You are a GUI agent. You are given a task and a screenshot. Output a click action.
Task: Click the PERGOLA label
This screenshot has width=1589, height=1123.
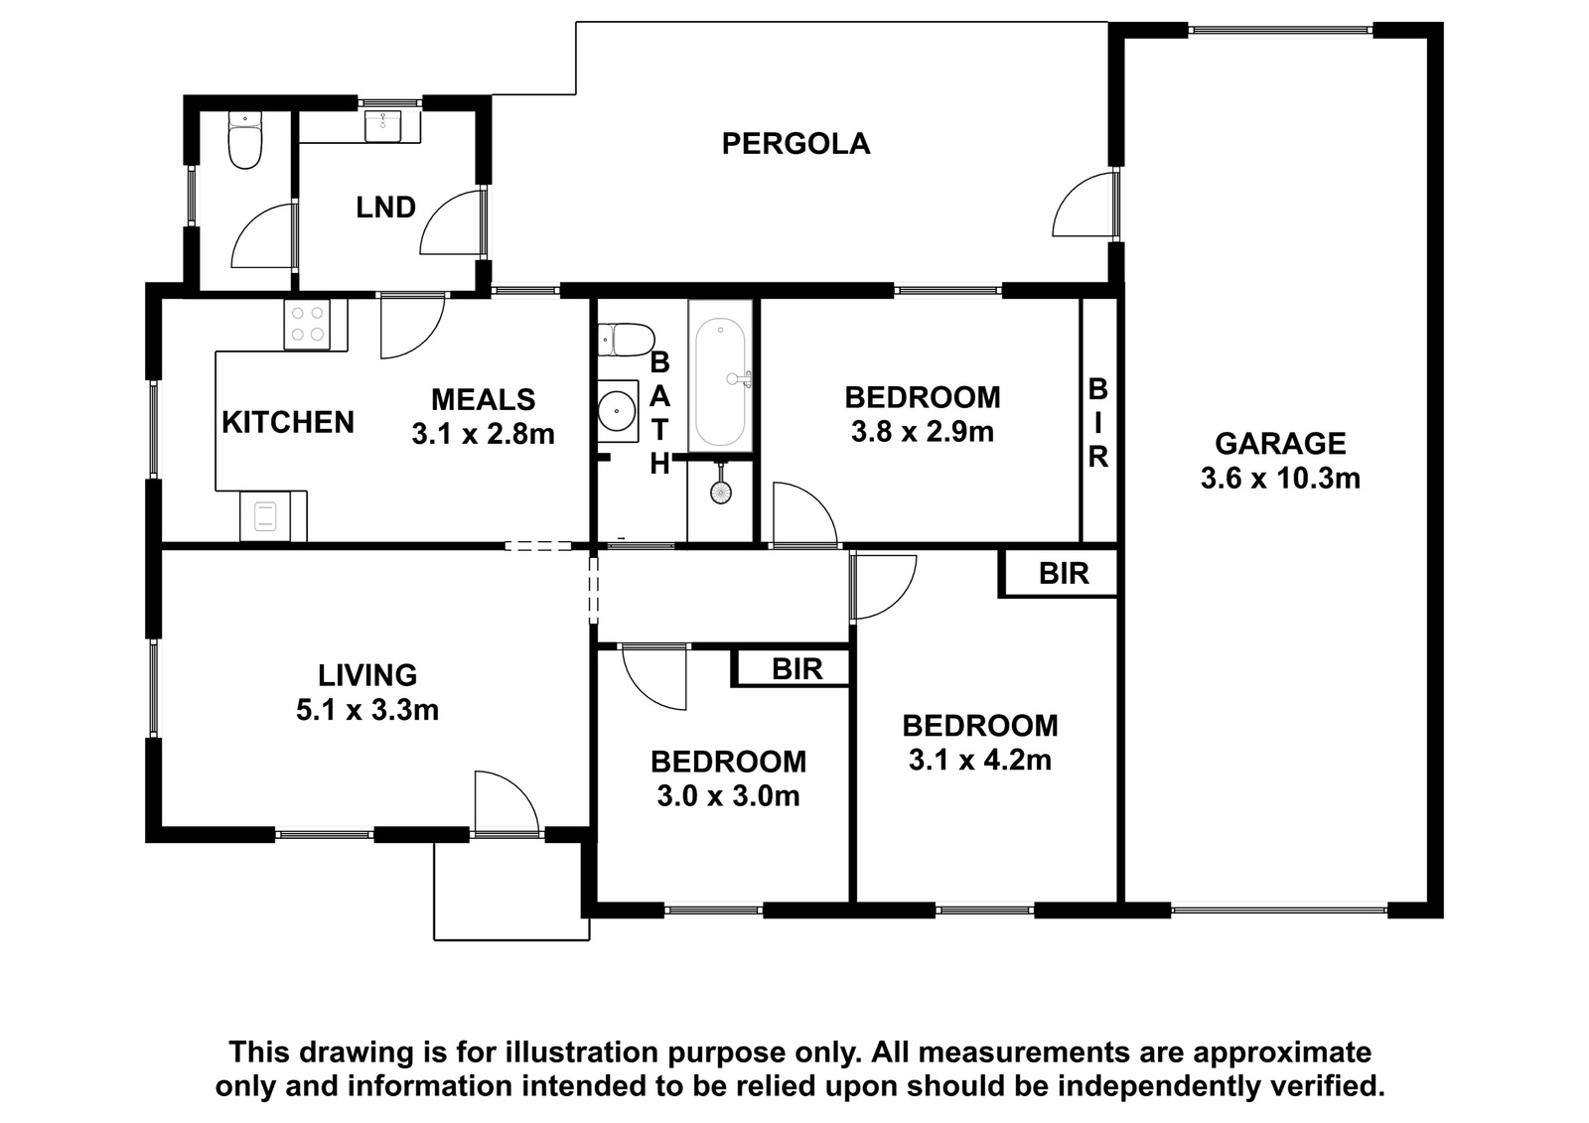tap(795, 144)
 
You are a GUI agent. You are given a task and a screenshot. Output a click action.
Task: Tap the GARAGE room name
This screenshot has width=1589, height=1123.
tap(1280, 444)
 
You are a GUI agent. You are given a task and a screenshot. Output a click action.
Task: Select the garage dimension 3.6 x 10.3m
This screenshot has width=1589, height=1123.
tap(1280, 479)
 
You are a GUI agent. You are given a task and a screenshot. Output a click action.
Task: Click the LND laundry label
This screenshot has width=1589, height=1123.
tap(385, 208)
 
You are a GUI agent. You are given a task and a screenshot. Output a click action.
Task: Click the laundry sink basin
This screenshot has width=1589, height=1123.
tap(383, 125)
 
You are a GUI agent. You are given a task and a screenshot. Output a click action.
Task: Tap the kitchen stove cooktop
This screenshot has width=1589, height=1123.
tap(307, 325)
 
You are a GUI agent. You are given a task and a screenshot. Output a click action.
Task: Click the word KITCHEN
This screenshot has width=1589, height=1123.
tap(288, 423)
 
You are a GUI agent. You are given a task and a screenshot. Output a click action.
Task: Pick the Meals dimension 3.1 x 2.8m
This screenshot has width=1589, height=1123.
tap(483, 434)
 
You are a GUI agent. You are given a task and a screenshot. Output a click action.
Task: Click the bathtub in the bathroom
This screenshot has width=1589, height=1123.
tap(720, 383)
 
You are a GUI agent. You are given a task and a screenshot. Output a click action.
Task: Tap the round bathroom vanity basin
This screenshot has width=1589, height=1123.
tap(616, 410)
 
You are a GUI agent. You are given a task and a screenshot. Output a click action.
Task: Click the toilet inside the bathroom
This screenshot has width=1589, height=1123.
tap(625, 340)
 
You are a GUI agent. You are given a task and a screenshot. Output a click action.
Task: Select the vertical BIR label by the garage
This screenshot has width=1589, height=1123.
tap(1097, 424)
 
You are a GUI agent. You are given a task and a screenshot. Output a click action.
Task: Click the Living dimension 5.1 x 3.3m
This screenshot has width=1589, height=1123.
tap(367, 710)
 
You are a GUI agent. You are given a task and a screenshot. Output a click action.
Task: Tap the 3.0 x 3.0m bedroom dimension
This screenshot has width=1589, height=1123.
tap(729, 796)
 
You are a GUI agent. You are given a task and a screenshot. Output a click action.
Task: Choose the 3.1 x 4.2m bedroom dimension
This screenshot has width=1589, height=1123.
tap(979, 761)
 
